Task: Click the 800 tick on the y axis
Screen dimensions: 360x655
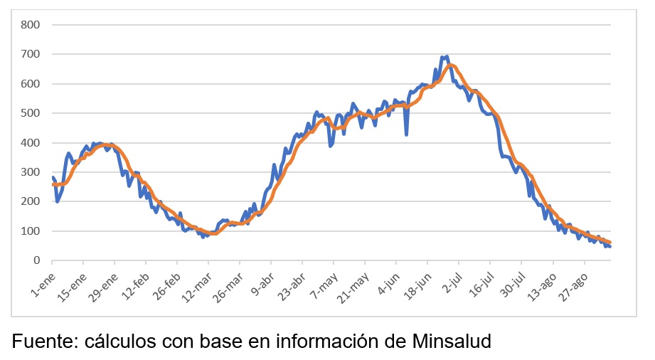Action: (x=31, y=25)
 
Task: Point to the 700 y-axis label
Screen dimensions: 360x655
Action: (x=31, y=54)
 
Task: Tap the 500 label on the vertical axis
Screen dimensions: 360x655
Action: (x=31, y=113)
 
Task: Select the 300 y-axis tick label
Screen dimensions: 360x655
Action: (x=31, y=172)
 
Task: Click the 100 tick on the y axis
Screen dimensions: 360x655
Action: (x=31, y=231)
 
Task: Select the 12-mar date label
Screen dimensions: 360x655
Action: (x=198, y=285)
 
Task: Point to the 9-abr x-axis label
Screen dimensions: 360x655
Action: (x=262, y=283)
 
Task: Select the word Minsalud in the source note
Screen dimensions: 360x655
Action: (x=452, y=342)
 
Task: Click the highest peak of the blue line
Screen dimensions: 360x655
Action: (x=446, y=56)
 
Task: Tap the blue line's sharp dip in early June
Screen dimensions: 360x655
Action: (x=406, y=134)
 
